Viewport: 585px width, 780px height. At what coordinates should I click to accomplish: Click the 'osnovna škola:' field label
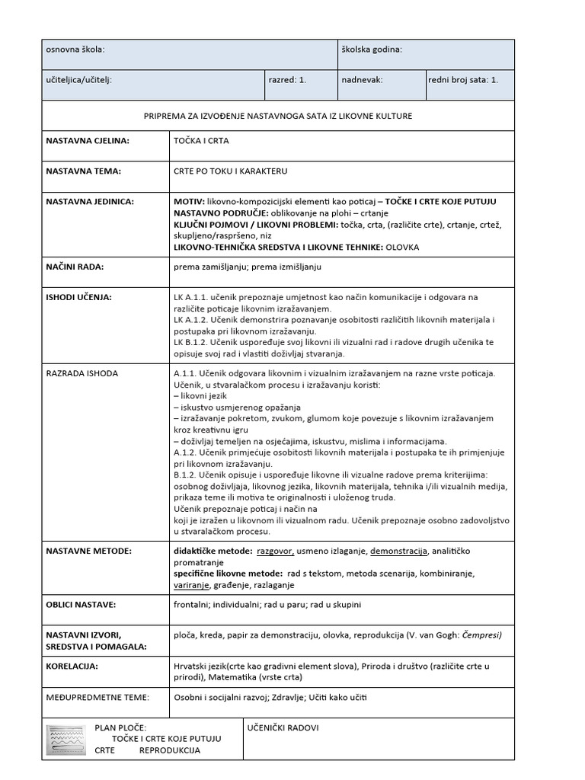75,50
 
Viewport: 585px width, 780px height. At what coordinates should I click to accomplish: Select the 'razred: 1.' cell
287,78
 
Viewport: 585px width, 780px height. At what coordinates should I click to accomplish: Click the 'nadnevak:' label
363,78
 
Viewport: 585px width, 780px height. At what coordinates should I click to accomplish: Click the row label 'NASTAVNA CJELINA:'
88,141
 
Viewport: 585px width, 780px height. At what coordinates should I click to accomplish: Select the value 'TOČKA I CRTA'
201,141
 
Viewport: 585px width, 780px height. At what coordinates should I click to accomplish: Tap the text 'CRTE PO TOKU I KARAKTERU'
230,171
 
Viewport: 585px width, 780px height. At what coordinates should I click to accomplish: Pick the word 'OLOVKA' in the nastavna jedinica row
403,247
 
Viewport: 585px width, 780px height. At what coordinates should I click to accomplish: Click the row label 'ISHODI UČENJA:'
78,298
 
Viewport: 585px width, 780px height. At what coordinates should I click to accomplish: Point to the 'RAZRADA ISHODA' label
82,373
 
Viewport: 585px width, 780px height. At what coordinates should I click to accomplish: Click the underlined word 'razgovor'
275,550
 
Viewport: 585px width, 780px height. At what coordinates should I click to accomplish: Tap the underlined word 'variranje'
190,585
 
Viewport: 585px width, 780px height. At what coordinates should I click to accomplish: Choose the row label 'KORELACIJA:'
72,666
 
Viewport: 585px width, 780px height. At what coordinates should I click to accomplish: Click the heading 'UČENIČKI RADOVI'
283,727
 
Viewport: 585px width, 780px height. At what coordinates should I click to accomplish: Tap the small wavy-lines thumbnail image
66,739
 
